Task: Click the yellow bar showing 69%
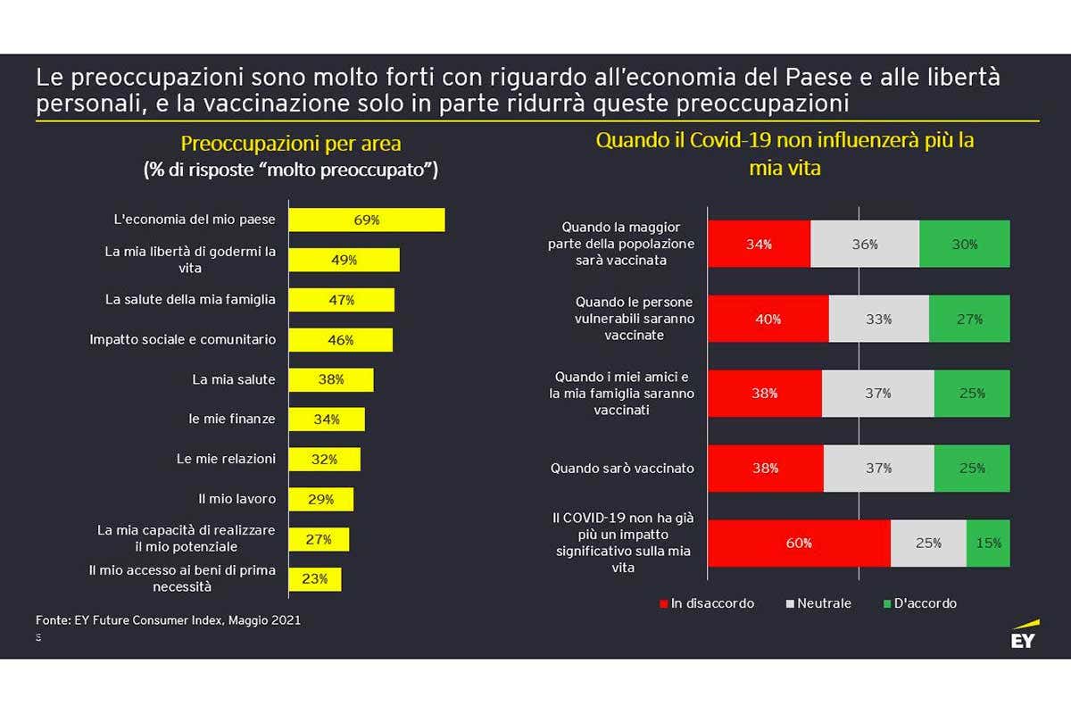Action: click(367, 220)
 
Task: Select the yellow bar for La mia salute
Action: click(331, 379)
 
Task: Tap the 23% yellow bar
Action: click(315, 578)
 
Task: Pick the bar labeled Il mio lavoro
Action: click(321, 499)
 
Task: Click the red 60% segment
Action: click(799, 543)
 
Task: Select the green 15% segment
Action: click(988, 543)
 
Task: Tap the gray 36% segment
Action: click(865, 244)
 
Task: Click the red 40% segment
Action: click(768, 319)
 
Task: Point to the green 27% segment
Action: click(969, 319)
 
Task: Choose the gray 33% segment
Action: click(878, 319)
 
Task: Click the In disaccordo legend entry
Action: click(707, 603)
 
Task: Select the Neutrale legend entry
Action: click(818, 603)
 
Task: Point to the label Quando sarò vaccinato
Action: click(622, 468)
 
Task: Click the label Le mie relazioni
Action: click(226, 459)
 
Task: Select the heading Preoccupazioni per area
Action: click(291, 144)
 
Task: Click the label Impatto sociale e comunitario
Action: click(183, 339)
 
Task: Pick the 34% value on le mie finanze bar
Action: click(327, 419)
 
